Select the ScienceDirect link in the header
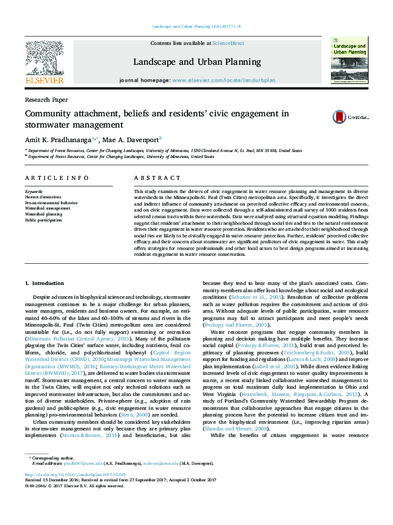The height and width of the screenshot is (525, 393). [x=229, y=43]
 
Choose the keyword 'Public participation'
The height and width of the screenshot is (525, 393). [x=44, y=220]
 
